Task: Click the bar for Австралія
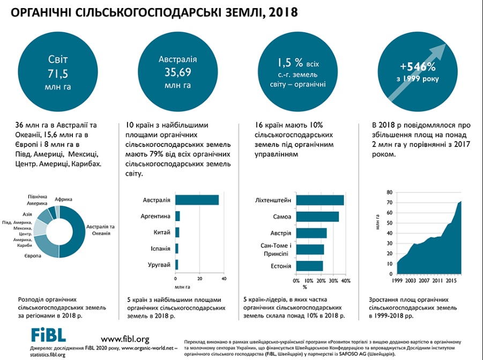[x=197, y=200]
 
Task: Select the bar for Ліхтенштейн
[x=319, y=200]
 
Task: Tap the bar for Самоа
[x=317, y=217]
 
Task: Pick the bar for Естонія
[x=309, y=266]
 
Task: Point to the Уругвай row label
[x=160, y=265]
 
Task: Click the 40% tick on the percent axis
[x=346, y=281]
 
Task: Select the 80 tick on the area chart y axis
[x=389, y=192]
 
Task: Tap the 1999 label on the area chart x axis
[x=397, y=281]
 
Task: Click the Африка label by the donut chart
[x=63, y=199]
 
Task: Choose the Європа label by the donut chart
[x=32, y=256]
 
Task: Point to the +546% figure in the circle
[x=418, y=68]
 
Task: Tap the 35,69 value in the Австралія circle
[x=177, y=72]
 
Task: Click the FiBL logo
[x=48, y=335]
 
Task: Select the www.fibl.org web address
[x=125, y=339]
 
